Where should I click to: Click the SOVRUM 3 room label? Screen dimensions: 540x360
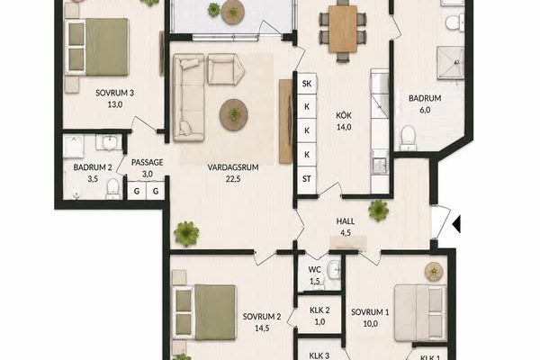pos(114,93)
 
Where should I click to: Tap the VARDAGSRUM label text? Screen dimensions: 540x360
pos(233,167)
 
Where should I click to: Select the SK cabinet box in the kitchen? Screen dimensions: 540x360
pos(307,84)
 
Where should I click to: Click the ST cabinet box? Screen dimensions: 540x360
pos(307,179)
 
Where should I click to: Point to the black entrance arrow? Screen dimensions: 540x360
pos(456,224)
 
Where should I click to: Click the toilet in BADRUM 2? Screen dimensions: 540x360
pos(112,189)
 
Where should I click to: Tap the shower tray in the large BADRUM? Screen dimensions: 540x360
pos(450,63)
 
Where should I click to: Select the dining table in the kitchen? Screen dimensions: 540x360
pos(343,29)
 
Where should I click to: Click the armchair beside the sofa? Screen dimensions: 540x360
pos(226,69)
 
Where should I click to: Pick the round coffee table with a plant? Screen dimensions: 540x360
pos(234,114)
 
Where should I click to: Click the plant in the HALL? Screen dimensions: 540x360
pos(379,210)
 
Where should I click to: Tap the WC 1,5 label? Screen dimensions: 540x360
pos(314,275)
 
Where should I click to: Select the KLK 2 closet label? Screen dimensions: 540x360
pos(319,310)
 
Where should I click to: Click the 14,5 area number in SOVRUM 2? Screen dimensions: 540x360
pos(262,328)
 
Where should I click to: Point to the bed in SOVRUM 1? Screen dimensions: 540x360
pos(420,313)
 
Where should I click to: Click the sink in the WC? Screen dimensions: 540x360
pos(334,269)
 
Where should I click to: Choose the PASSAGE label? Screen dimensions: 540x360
pos(148,162)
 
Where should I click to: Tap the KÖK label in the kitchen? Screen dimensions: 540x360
pos(344,115)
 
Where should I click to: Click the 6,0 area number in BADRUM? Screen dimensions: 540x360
pos(425,110)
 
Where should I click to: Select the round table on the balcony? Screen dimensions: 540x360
pos(233,12)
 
